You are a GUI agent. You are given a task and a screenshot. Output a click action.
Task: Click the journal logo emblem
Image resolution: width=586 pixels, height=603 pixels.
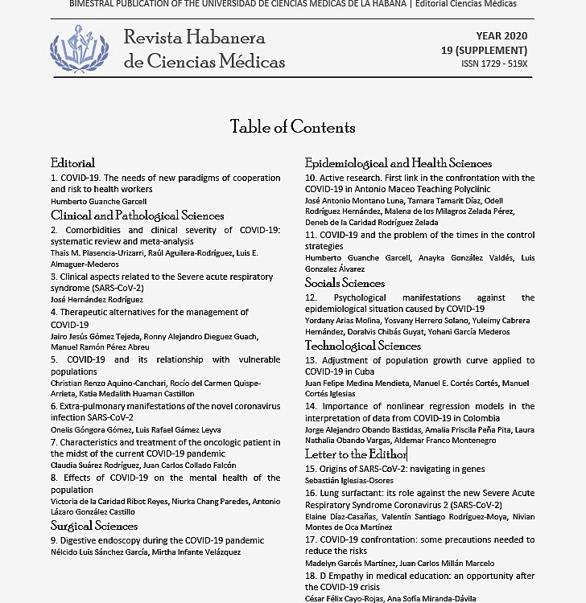pos(80,47)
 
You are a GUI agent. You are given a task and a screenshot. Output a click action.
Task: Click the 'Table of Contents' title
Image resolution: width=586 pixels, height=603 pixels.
pos(292,127)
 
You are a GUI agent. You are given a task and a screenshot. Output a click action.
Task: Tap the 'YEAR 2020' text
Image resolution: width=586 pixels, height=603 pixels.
pos(501,36)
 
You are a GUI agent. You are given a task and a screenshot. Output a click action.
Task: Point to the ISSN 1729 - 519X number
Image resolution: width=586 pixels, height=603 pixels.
pos(494,64)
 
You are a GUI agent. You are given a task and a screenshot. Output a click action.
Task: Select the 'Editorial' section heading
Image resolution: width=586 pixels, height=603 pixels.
pos(72,163)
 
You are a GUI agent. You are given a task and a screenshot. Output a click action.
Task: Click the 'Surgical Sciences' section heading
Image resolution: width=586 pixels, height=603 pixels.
pos(94,526)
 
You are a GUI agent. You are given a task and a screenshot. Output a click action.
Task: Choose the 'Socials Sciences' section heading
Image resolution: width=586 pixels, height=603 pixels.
pos(345,283)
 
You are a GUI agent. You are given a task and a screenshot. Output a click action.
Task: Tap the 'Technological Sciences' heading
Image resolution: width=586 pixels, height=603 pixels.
pos(362,346)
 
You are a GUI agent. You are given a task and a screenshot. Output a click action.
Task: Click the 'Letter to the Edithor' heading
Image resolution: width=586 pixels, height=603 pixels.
pos(356,454)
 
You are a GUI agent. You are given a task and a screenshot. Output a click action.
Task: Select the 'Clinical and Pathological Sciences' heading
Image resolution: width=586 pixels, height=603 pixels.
pos(137,215)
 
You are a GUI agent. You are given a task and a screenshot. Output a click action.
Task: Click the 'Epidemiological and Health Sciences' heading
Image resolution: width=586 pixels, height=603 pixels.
pos(398,163)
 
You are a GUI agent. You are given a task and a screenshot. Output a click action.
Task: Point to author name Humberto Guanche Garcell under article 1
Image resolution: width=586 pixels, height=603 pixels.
pos(98,201)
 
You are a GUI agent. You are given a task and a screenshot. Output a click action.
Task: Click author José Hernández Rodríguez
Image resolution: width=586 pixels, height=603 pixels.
pos(97,299)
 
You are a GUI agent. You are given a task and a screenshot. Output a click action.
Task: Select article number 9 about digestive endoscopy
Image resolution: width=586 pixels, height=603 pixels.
pos(157,540)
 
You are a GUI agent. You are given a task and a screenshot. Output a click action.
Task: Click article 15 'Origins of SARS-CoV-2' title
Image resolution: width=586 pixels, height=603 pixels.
pos(394,469)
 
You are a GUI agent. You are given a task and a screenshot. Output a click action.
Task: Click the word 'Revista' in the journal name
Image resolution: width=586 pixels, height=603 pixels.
pos(153,37)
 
